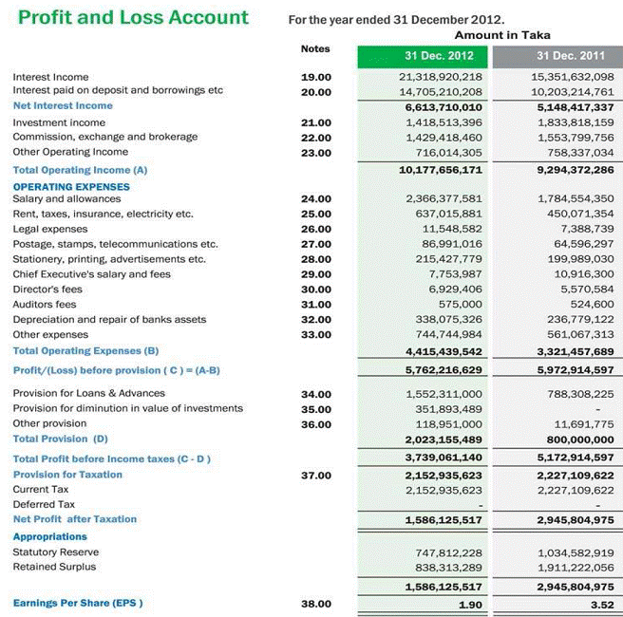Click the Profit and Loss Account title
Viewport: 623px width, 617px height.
tap(133, 18)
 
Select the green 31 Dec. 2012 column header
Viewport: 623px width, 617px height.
tap(440, 56)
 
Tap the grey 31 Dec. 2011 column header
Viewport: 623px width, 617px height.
tap(570, 56)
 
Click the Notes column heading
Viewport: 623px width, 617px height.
tap(315, 48)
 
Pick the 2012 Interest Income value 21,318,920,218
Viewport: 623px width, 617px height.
tap(441, 77)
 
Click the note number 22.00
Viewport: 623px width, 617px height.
tap(315, 138)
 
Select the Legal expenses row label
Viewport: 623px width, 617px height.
tap(50, 229)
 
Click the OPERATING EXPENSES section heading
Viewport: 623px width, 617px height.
tap(71, 187)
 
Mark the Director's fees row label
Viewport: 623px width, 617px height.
tap(47, 290)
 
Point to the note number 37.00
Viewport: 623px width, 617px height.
tap(315, 475)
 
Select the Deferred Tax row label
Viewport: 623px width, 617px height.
tap(44, 504)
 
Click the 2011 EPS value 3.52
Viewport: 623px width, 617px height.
tap(601, 604)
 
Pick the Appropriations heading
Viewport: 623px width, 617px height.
tap(49, 536)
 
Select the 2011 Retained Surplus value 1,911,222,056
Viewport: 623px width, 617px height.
tap(576, 567)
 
